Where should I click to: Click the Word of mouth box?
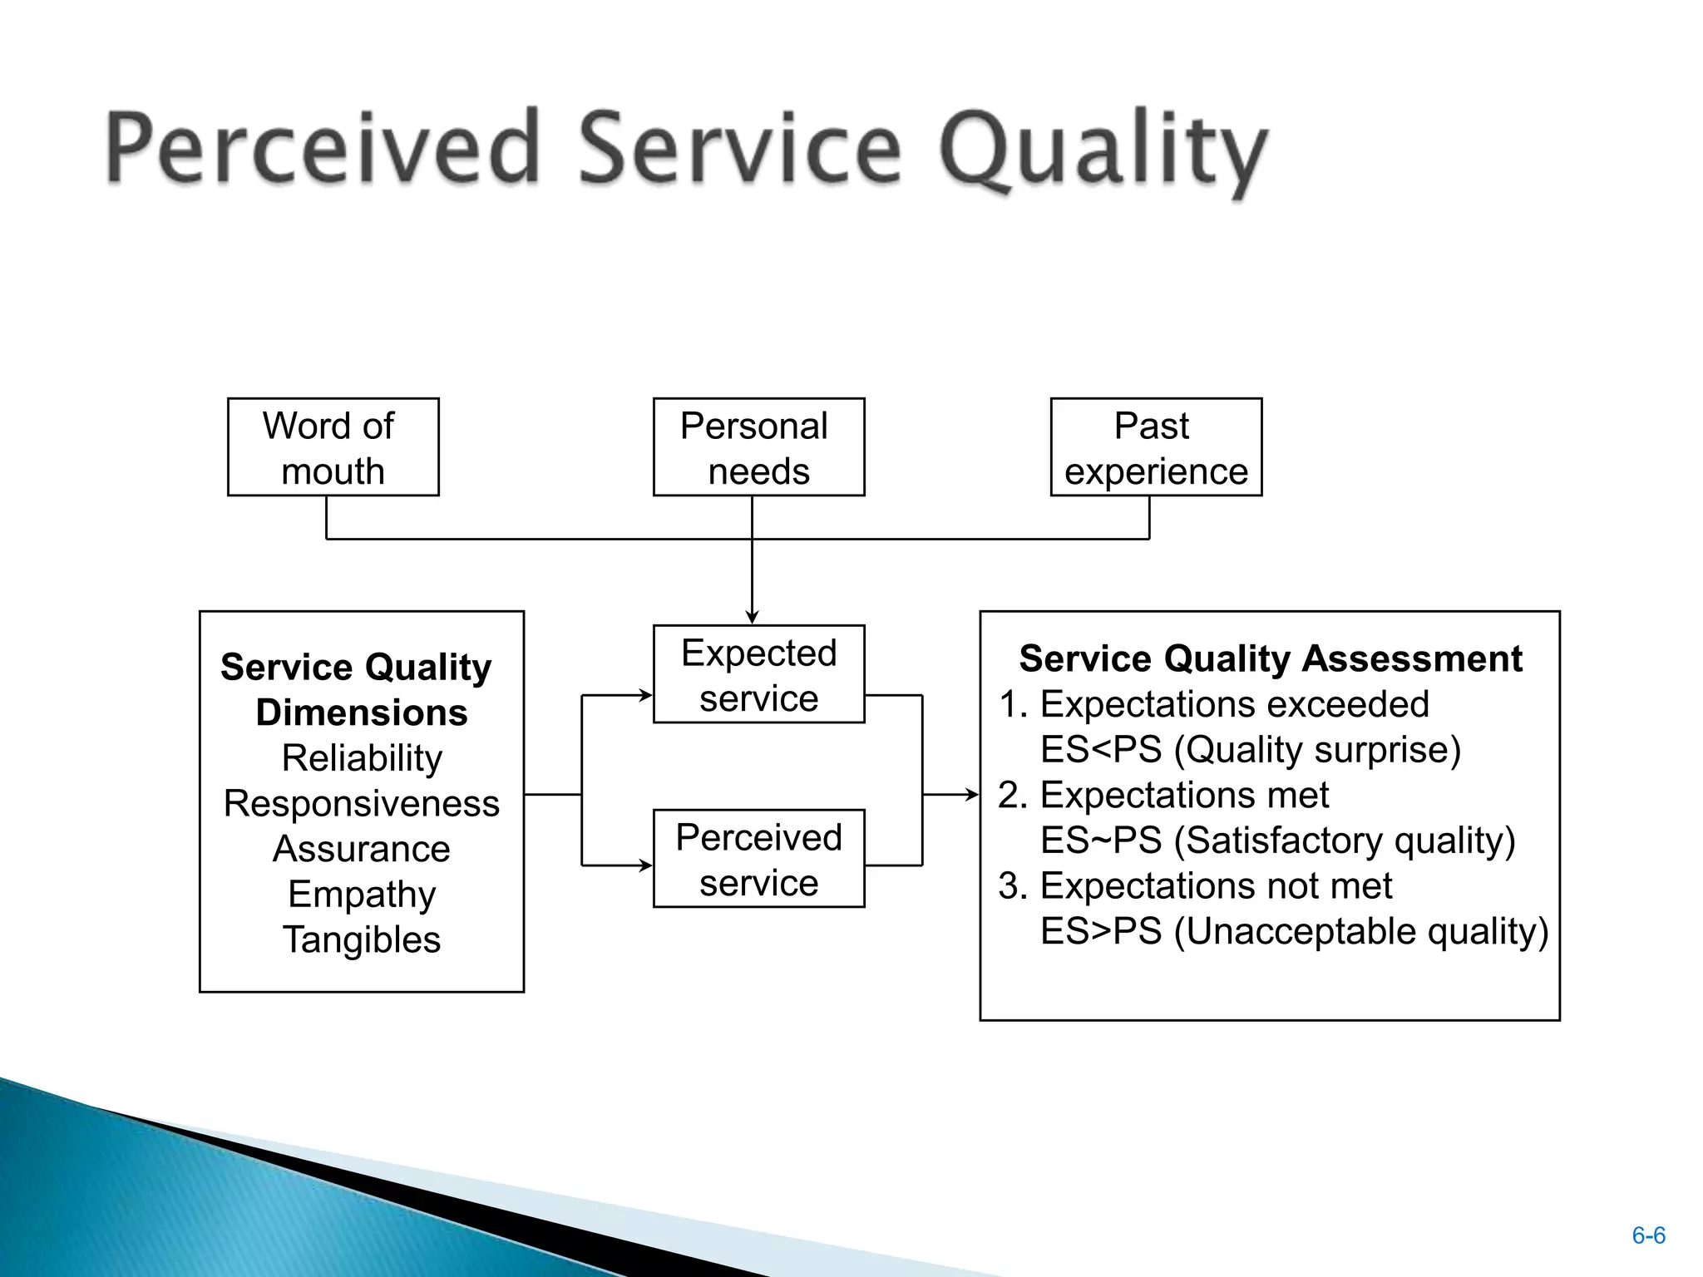click(x=333, y=447)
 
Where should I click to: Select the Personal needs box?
click(x=758, y=447)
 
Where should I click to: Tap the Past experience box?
click(x=1156, y=447)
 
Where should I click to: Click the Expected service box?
click(x=758, y=674)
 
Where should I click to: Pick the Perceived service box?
click(x=758, y=859)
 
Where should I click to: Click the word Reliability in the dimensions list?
click(x=362, y=758)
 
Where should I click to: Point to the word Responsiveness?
click(x=362, y=804)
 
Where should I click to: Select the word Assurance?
click(x=362, y=849)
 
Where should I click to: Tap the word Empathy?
click(x=362, y=895)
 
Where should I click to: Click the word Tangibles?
click(x=362, y=939)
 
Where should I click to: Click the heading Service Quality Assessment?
click(x=1270, y=658)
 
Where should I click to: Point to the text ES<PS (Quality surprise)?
click(x=1250, y=750)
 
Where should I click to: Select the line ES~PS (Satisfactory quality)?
click(x=1277, y=841)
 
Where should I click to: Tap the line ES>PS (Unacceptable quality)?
click(x=1294, y=931)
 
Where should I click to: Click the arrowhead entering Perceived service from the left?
click(x=646, y=865)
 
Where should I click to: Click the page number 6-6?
click(x=1648, y=1235)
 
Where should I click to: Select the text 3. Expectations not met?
click(x=1195, y=886)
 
